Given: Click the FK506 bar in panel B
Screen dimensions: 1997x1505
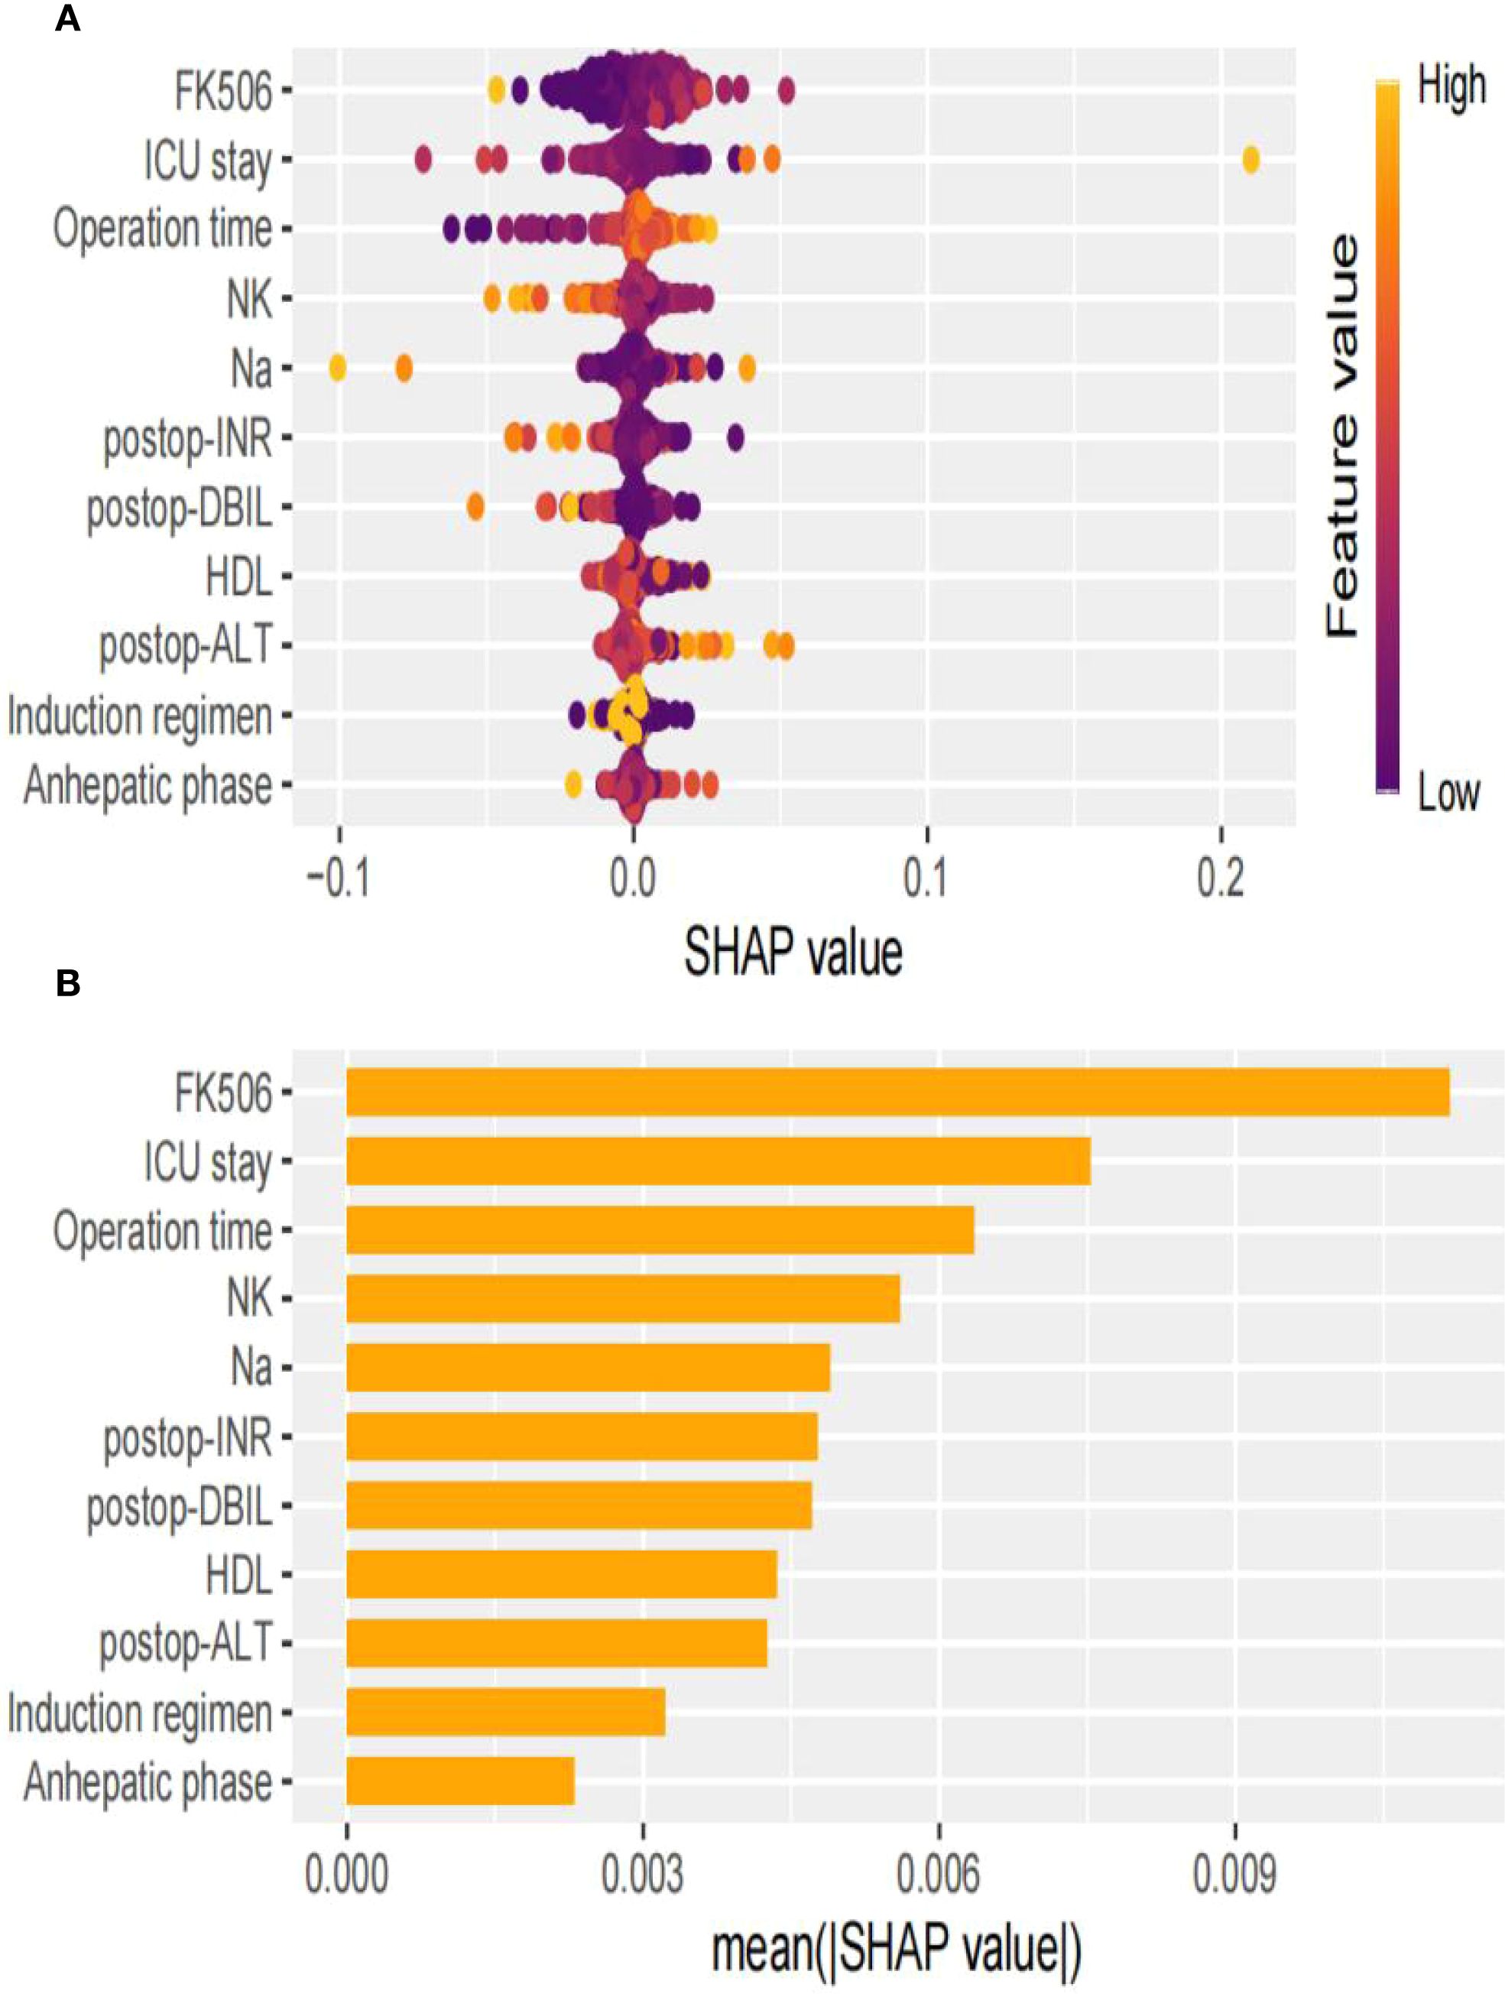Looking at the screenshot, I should pos(897,1093).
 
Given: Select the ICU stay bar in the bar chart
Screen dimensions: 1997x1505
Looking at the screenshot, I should pos(718,1161).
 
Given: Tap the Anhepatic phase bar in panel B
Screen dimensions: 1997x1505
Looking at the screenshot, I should pos(460,1781).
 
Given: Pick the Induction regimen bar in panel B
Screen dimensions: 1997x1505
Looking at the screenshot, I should pos(505,1712).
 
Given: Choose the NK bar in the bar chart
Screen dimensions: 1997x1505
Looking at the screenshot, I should pos(623,1299).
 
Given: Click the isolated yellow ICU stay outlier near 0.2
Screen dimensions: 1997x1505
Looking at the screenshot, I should pos(1250,161).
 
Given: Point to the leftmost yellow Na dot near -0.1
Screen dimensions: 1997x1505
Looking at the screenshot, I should pos(337,369).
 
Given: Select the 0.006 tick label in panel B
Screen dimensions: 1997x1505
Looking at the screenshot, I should pos(938,1876).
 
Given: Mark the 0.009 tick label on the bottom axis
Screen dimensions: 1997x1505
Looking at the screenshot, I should pos(1234,1876).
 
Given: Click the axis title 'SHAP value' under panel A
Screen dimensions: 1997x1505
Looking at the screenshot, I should pos(793,953).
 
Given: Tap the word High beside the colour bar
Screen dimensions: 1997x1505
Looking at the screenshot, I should pos(1450,86).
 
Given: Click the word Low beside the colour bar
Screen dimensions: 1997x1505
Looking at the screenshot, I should pos(1448,793).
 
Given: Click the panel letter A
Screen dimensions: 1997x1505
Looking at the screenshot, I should pos(68,19).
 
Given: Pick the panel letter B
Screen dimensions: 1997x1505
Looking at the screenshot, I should pos(68,984).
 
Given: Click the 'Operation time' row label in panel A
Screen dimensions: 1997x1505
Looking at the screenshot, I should pos(163,229).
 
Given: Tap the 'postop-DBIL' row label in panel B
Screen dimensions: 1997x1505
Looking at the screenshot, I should pos(179,1507).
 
